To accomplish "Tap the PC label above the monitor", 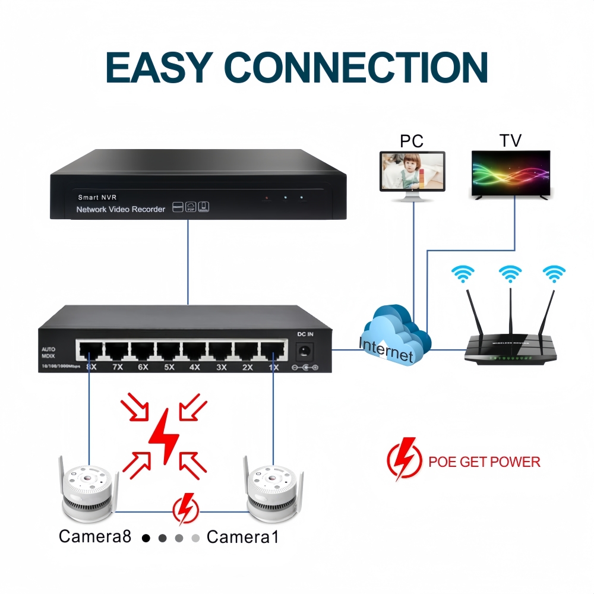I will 411,141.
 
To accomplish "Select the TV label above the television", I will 510,140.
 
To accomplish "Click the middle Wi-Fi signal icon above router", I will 510,273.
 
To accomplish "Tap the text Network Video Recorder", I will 121,209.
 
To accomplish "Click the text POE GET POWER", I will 484,462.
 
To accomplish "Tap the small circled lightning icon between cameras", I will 185,510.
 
